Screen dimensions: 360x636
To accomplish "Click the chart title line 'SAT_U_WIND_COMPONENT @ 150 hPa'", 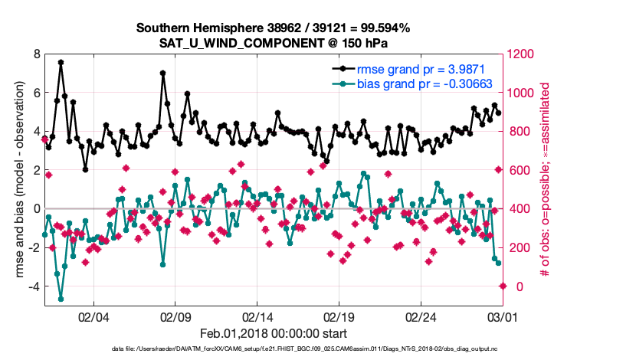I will click(273, 42).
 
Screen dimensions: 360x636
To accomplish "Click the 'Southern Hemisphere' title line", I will click(273, 28).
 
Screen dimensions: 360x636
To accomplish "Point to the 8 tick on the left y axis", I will click(36, 54).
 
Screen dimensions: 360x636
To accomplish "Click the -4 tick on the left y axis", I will click(34, 286).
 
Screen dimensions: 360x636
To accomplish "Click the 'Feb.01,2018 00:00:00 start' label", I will click(273, 333).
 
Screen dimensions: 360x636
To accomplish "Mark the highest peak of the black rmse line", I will click(61, 62).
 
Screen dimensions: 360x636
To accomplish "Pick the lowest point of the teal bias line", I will click(61, 299).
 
